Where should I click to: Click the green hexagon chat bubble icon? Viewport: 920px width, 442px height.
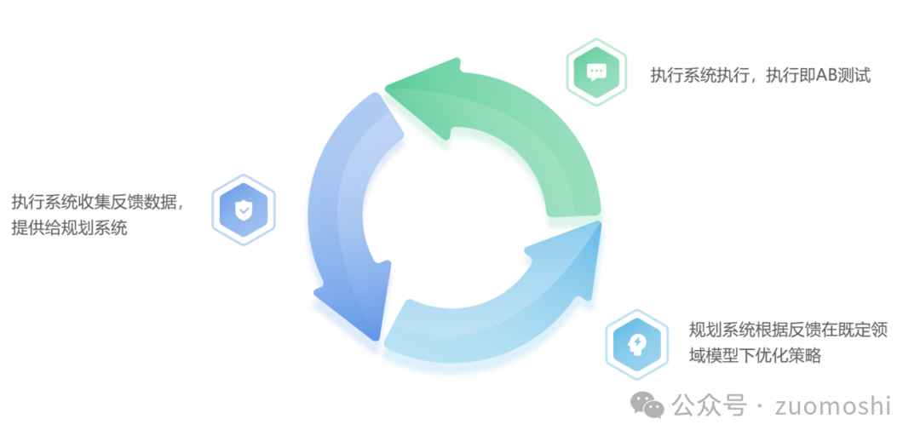595,72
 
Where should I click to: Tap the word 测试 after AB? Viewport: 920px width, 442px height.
855,75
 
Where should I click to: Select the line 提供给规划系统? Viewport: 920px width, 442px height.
69,227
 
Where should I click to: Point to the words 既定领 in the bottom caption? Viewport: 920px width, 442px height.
859,330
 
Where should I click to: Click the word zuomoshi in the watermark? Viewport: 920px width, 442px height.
832,406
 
